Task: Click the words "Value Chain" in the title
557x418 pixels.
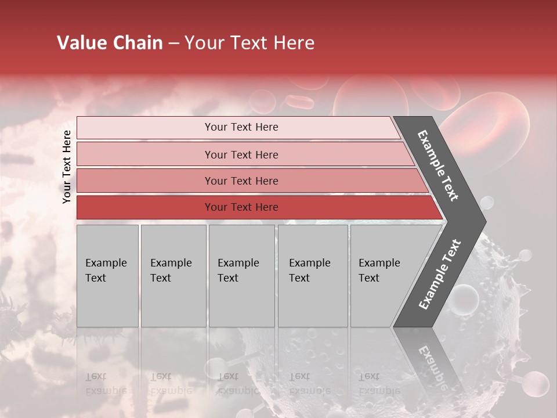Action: [110, 43]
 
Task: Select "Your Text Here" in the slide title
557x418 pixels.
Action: [249, 43]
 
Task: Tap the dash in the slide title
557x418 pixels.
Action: [173, 44]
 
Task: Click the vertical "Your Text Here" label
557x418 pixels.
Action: [67, 167]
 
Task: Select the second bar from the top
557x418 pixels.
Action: [241, 154]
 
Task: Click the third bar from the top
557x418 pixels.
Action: [241, 181]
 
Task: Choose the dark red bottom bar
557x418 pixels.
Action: [241, 207]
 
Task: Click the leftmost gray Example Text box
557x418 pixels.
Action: [107, 276]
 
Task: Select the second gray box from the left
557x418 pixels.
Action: [173, 276]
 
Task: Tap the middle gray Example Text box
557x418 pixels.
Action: [241, 276]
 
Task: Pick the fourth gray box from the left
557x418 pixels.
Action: [313, 276]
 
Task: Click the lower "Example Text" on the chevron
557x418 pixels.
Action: [439, 275]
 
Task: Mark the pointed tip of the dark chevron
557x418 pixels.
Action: [484, 221]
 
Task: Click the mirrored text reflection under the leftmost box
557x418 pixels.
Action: [104, 384]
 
